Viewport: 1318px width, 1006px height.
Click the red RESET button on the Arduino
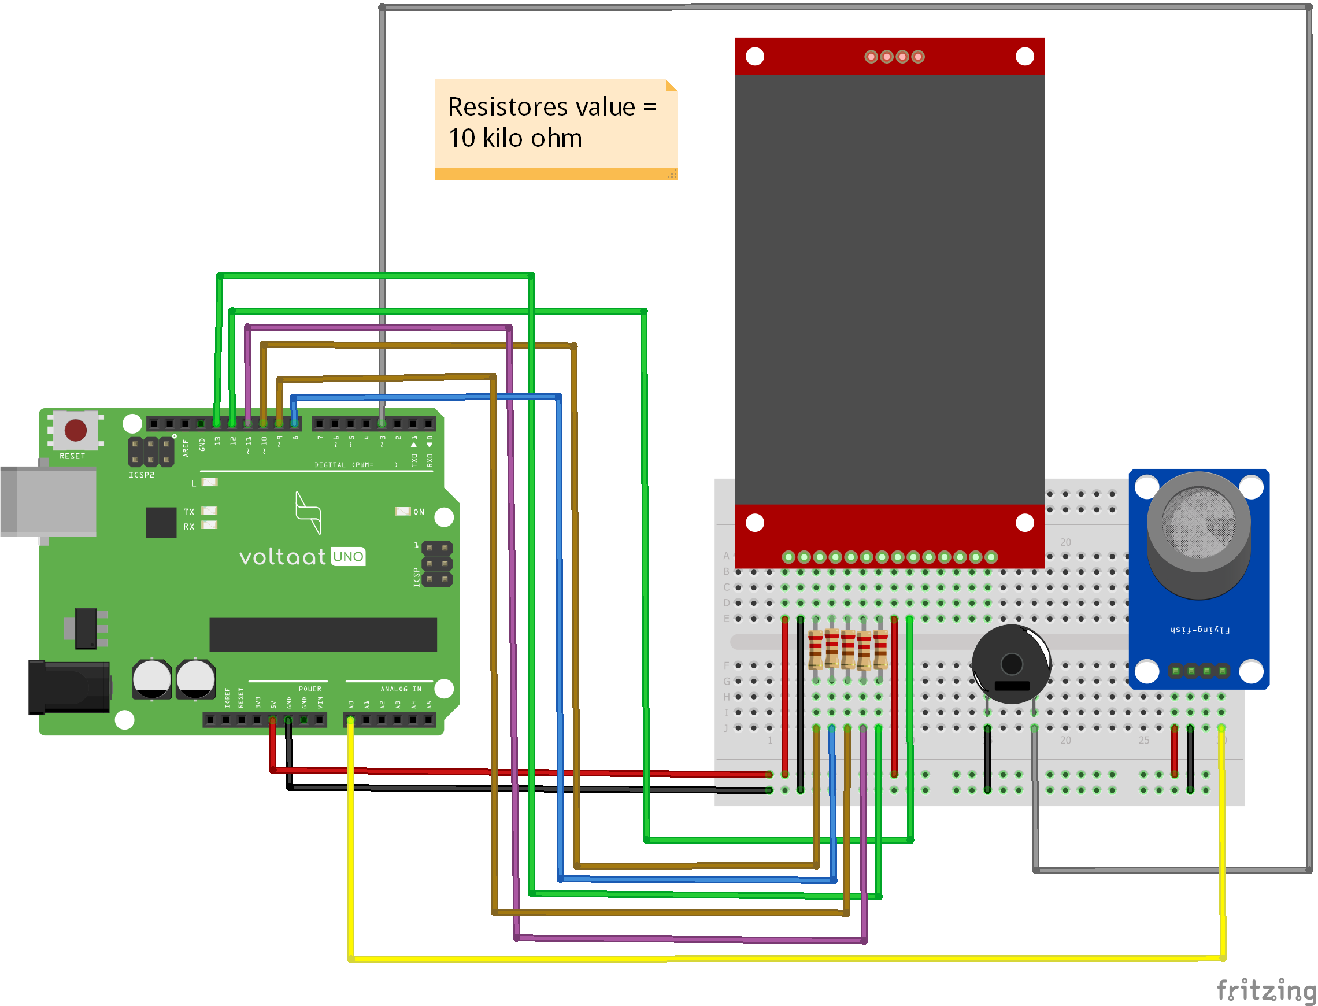[75, 430]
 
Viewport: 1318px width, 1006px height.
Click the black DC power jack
[68, 687]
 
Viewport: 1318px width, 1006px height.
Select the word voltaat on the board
[283, 557]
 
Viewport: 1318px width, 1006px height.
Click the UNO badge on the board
[348, 557]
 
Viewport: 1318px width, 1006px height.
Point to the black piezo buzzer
[1011, 664]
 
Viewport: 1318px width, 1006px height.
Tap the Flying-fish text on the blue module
[1199, 630]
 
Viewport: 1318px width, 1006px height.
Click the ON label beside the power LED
[419, 512]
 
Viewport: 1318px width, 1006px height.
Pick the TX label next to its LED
[189, 512]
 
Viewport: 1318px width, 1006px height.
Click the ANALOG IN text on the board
[401, 689]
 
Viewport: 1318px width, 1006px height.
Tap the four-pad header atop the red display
[894, 57]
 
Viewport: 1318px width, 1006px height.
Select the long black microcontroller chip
[323, 635]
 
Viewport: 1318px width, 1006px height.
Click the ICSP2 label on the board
[141, 475]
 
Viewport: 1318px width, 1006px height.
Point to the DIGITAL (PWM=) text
[344, 465]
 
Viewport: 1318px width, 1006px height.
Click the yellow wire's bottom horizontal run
[778, 959]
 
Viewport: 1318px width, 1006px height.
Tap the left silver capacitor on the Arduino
[151, 679]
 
